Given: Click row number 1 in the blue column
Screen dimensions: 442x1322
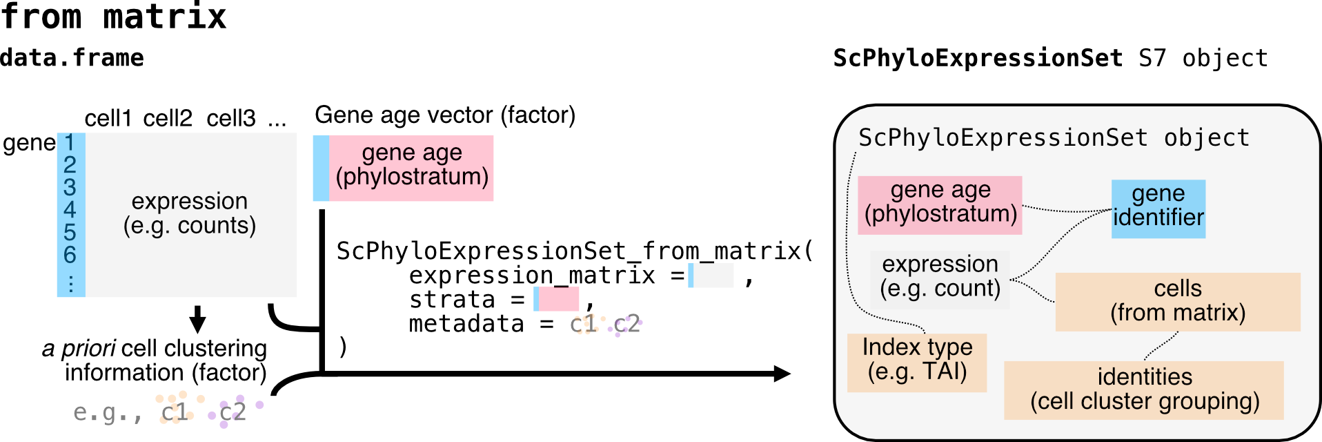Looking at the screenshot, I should coord(70,143).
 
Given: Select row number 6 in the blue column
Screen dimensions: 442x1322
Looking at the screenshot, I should coord(70,255).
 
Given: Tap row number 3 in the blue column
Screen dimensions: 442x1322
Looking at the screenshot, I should coord(70,187).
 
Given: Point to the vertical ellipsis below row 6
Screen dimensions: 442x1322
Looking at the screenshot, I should coord(71,283).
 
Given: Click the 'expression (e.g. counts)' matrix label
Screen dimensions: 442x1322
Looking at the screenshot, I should coord(190,213).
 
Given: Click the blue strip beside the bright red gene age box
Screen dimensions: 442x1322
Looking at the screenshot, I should coord(321,168).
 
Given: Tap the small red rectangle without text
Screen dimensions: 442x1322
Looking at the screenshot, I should coord(559,299).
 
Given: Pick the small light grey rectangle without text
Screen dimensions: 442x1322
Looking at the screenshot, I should coord(713,275).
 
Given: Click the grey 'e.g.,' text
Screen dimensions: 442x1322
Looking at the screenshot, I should coord(107,412).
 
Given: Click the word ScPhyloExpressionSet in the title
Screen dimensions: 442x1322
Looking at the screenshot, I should coord(1003,138).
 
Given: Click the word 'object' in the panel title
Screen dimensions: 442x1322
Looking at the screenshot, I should coord(1207,138).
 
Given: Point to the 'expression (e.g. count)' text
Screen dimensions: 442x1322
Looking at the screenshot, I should coord(940,276).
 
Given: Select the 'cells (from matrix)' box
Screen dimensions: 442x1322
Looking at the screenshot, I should coord(1178,302).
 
